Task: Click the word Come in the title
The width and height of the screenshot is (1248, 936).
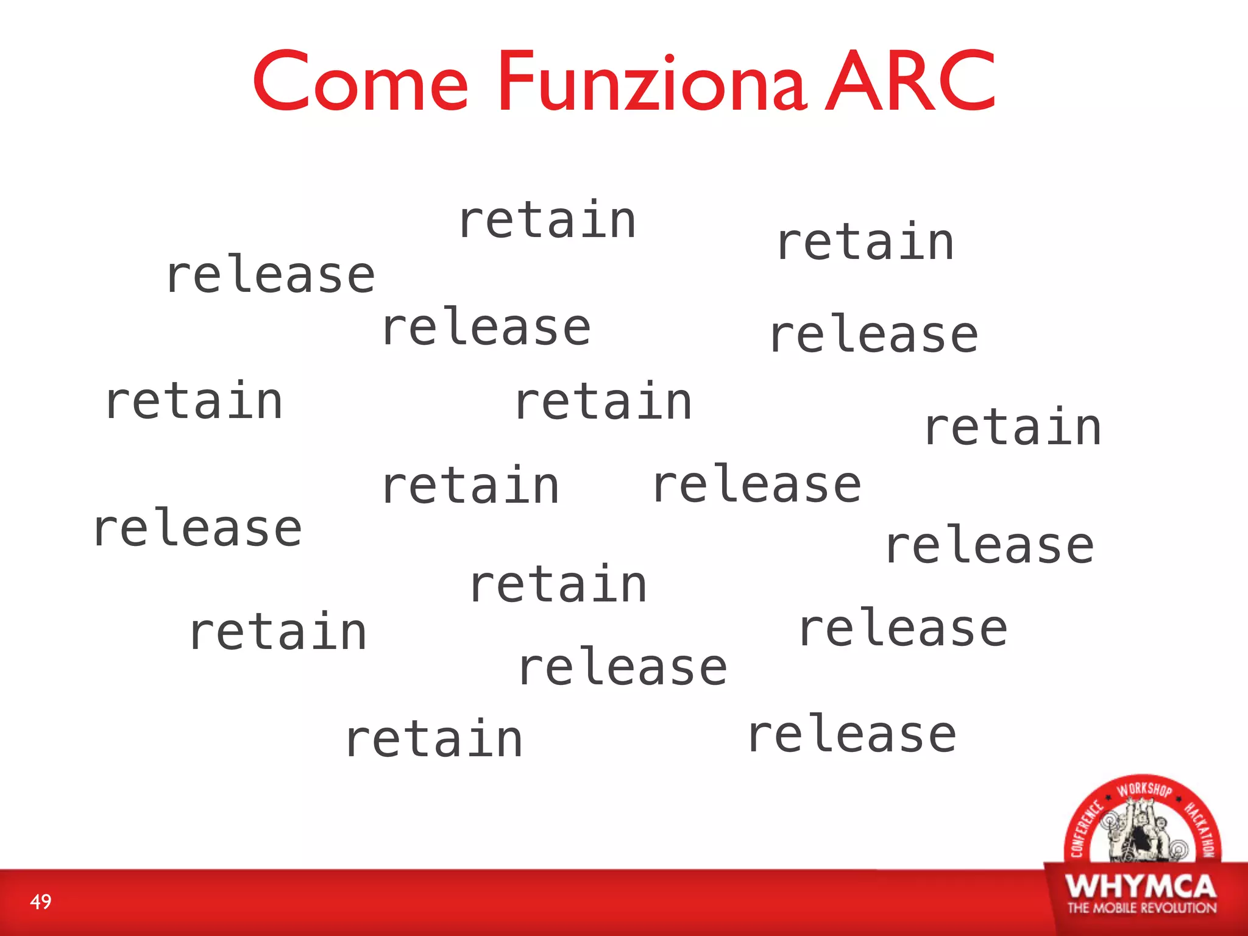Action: point(360,82)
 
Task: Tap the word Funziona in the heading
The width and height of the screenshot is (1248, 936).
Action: point(652,82)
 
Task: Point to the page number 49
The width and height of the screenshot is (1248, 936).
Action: point(41,901)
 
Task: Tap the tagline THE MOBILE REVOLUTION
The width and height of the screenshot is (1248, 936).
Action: point(1141,908)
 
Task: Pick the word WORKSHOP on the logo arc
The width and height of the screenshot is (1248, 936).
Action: point(1144,790)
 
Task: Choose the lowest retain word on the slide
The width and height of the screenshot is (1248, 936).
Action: point(433,739)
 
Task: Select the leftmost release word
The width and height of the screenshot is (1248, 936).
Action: point(197,528)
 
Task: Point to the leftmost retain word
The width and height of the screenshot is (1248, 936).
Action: point(194,400)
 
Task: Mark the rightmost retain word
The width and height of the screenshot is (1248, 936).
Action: point(1013,427)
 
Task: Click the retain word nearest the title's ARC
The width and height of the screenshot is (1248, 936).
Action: point(865,242)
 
